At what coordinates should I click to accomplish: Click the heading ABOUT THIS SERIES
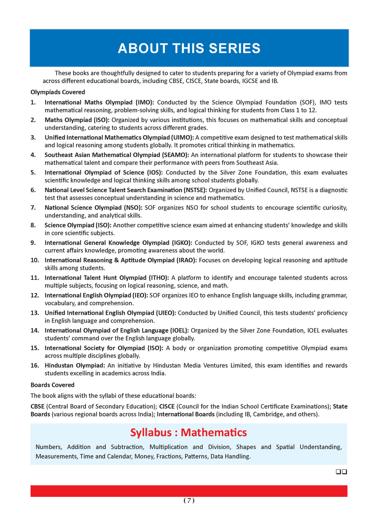(x=189, y=48)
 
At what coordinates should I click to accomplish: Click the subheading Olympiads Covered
(x=58, y=92)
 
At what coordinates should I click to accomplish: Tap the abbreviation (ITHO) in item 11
(x=159, y=277)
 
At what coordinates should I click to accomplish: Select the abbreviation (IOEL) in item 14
(x=179, y=330)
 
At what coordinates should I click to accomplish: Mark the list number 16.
(x=35, y=365)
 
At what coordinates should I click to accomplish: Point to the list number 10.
(x=35, y=260)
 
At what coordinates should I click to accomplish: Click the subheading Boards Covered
(x=52, y=385)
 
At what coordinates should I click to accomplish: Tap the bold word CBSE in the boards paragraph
(x=38, y=406)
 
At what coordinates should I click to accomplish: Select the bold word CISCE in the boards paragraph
(x=167, y=406)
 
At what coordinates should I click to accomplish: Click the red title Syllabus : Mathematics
(x=189, y=432)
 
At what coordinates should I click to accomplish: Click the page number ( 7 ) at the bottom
(x=189, y=501)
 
